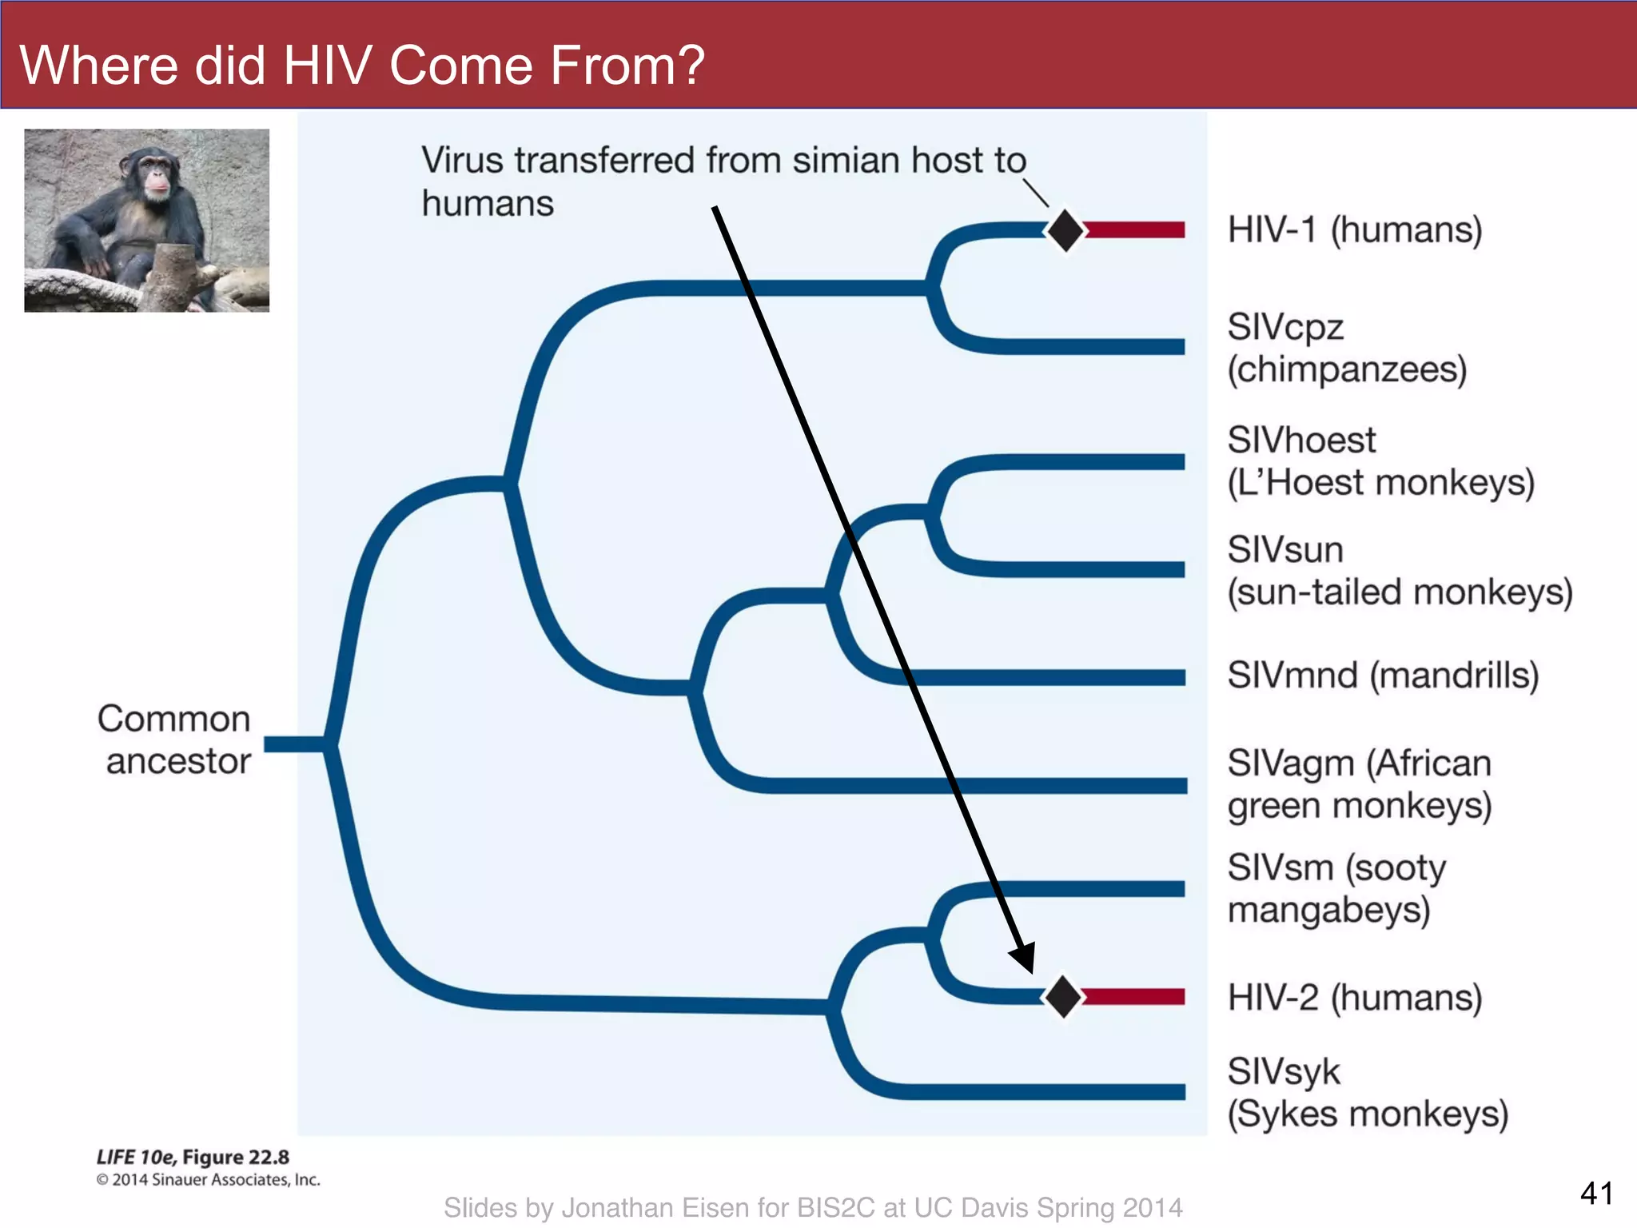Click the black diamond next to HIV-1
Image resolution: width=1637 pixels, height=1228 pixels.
tap(1065, 230)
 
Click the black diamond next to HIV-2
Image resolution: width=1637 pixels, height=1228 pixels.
tap(1063, 996)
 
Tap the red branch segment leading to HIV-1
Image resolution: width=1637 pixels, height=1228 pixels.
tap(1135, 230)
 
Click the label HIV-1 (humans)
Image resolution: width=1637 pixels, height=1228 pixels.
tap(1355, 230)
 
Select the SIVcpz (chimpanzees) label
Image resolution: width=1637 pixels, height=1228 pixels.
tap(1347, 348)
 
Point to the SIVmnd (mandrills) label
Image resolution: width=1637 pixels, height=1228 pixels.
tap(1383, 676)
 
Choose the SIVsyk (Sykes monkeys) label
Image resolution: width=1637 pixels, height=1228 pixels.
tap(1367, 1093)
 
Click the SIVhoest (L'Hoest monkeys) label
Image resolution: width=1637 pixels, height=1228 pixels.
tap(1380, 461)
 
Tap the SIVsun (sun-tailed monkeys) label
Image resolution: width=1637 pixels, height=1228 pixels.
tap(1400, 571)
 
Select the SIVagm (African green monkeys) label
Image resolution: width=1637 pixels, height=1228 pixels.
tap(1359, 784)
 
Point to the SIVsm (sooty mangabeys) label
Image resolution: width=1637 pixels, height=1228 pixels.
tap(1336, 888)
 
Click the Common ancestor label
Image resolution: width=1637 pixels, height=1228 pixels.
tap(174, 740)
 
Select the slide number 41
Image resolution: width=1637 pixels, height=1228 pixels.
tap(1596, 1193)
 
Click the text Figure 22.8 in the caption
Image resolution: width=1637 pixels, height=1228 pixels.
tap(236, 1157)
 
